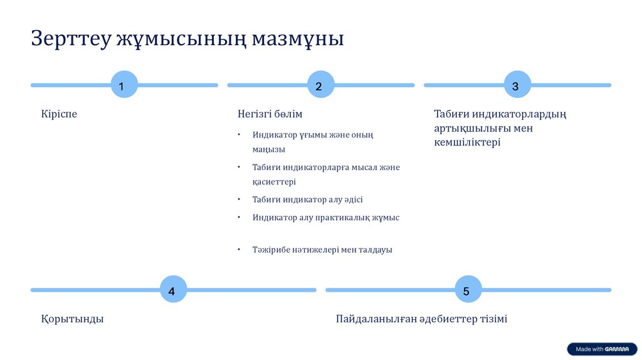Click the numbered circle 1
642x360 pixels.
124,85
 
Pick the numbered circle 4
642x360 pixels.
173,290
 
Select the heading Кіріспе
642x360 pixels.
59,114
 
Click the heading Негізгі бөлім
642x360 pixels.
270,114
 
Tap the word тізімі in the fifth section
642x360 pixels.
490,319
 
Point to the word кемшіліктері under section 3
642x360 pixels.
467,142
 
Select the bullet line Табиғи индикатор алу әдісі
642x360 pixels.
307,199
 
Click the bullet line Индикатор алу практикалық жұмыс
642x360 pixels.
325,218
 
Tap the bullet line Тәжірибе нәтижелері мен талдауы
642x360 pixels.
322,250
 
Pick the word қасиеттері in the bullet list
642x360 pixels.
274,182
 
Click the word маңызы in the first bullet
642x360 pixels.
268,150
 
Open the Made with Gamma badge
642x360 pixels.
602,349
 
